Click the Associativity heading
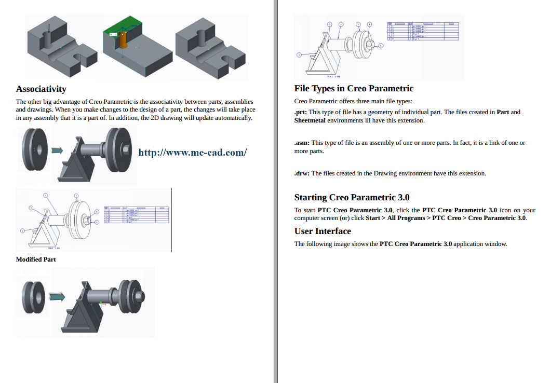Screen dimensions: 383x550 click(41, 89)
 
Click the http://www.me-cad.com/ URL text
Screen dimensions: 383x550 click(192, 153)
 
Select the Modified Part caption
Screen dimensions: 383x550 click(36, 259)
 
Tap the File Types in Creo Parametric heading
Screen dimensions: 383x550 click(354, 88)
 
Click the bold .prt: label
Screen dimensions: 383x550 click(301, 112)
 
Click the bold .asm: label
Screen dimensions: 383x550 click(302, 143)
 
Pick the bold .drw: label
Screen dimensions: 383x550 click(302, 173)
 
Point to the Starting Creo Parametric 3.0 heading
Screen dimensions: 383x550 click(352, 197)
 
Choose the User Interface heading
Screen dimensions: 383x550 click(323, 231)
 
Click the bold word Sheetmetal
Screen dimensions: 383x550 click(310, 120)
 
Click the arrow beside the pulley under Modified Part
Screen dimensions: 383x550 click(57, 296)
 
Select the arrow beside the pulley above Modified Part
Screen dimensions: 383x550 click(57, 151)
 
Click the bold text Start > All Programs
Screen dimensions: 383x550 click(398, 218)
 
